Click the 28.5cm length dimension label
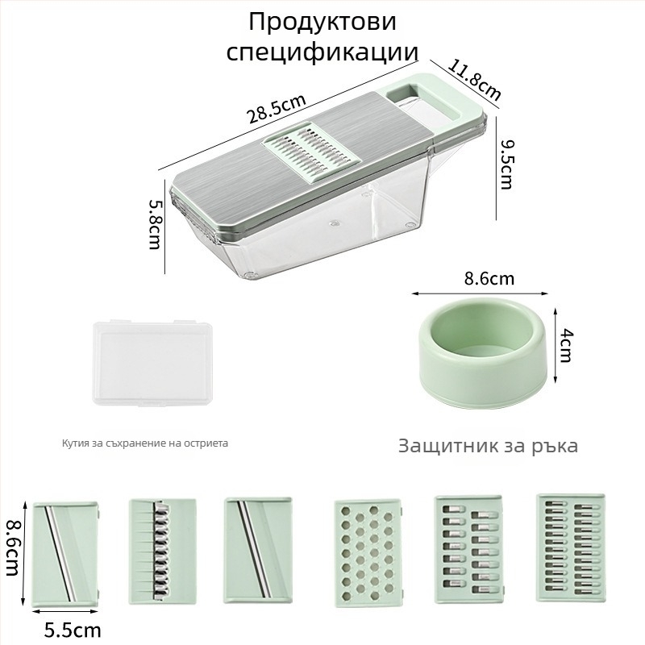click(x=276, y=109)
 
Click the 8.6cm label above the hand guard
click(x=489, y=279)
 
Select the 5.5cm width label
click(x=73, y=628)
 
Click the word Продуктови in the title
click(x=322, y=21)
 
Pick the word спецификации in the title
click(x=322, y=52)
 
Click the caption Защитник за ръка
click(x=488, y=446)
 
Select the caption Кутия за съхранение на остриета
click(x=145, y=443)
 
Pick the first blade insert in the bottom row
click(x=64, y=552)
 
